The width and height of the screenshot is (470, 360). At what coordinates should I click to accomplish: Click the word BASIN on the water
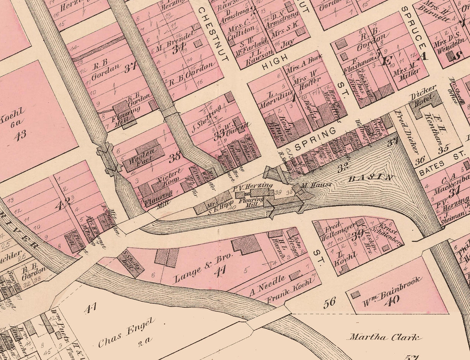click(x=371, y=178)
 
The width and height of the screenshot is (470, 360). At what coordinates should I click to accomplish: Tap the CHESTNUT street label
click(x=213, y=34)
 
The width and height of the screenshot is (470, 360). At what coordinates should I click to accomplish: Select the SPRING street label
click(x=315, y=139)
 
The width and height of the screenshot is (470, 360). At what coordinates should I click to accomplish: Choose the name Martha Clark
click(x=383, y=337)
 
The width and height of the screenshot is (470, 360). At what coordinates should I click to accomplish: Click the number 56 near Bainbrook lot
click(x=330, y=302)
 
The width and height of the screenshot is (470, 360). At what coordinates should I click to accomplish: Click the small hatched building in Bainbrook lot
click(x=355, y=295)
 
